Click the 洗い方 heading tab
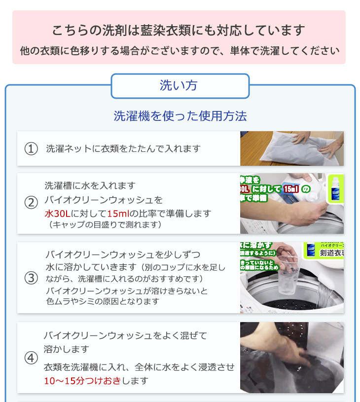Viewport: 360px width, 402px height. tap(180, 86)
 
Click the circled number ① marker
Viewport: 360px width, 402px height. tap(31, 148)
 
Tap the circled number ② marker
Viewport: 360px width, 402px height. tap(31, 203)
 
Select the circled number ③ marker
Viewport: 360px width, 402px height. tap(31, 278)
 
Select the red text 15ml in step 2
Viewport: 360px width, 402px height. tap(118, 214)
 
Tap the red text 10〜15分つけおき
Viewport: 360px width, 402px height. tap(82, 381)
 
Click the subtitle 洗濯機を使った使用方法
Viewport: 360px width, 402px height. tap(180, 116)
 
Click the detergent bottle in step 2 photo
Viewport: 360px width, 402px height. tap(335, 189)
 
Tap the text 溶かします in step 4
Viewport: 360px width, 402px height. tap(67, 349)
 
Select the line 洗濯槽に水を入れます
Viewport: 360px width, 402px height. tap(90, 186)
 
